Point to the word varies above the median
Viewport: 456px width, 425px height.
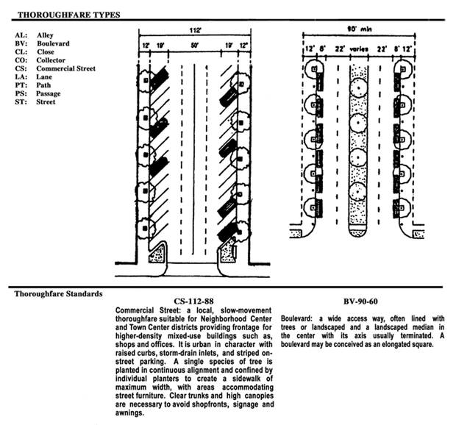coord(359,49)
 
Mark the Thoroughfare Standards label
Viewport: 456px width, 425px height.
coord(59,294)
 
